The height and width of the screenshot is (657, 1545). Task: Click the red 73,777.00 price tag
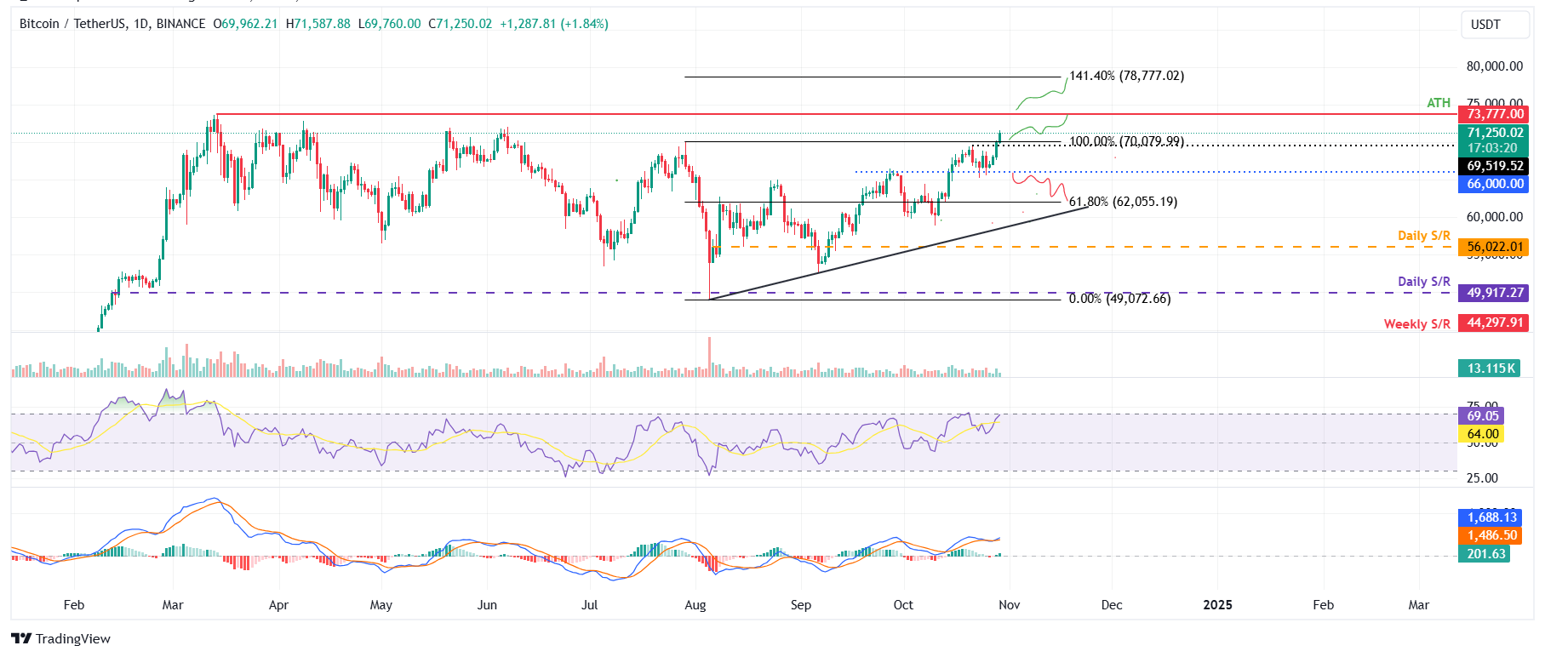coord(1495,114)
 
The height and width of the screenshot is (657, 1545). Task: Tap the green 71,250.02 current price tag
coord(1495,133)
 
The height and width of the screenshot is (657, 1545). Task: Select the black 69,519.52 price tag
coord(1495,166)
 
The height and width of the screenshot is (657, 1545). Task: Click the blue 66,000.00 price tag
coord(1495,184)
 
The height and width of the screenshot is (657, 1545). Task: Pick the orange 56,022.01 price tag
coord(1495,247)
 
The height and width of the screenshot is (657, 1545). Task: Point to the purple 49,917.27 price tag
coord(1495,293)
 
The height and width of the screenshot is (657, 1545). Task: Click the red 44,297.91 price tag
coord(1495,323)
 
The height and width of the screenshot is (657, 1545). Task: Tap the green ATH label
coord(1438,103)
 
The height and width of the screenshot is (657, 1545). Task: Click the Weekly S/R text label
coord(1416,324)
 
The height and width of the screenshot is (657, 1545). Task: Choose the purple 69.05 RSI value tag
coord(1482,416)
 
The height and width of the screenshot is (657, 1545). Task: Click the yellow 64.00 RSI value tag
coord(1482,434)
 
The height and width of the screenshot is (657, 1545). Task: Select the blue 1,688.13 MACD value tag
coord(1491,517)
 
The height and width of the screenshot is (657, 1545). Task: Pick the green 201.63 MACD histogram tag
coord(1485,554)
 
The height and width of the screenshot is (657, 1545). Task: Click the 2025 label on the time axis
coord(1217,605)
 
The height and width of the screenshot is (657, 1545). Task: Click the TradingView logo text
coord(72,639)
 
